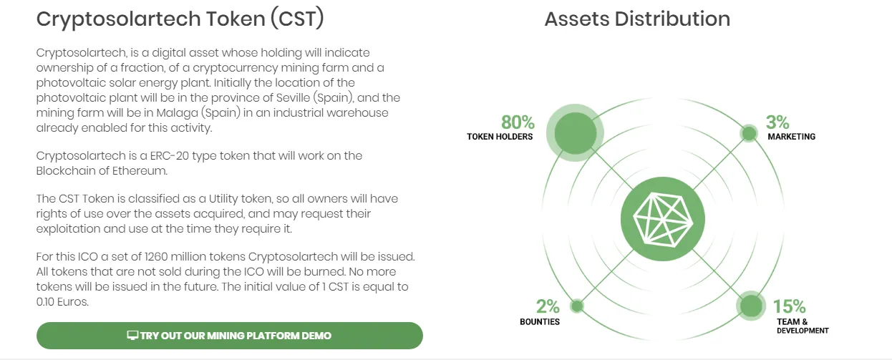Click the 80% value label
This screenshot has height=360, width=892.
pyautogui.click(x=518, y=122)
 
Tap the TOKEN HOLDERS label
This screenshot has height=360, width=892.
pyautogui.click(x=500, y=137)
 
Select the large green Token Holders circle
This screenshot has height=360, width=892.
pyautogui.click(x=575, y=132)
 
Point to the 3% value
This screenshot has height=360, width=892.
pyautogui.click(x=777, y=122)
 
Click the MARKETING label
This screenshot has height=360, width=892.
pyautogui.click(x=792, y=137)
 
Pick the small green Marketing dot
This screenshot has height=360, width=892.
pyautogui.click(x=749, y=133)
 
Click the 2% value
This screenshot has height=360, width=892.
pyautogui.click(x=548, y=306)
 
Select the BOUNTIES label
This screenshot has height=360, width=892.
pyautogui.click(x=540, y=322)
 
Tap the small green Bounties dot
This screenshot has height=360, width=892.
pyautogui.click(x=577, y=306)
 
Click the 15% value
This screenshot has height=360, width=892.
pyautogui.click(x=789, y=306)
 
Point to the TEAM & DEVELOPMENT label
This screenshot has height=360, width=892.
pyautogui.click(x=803, y=326)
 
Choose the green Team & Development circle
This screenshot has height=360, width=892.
pyautogui.click(x=751, y=306)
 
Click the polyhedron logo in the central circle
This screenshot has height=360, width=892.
pyautogui.click(x=663, y=219)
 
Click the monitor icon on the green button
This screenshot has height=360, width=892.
pyautogui.click(x=132, y=336)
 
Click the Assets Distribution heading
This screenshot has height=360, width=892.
pyautogui.click(x=637, y=19)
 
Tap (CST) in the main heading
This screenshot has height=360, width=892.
pyautogui.click(x=297, y=19)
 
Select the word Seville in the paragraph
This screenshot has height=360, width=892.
pyautogui.click(x=293, y=97)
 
